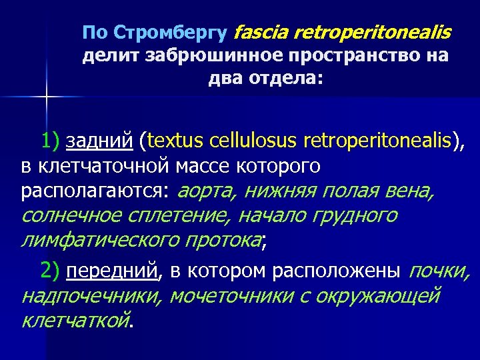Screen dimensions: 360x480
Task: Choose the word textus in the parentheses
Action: pos(177,141)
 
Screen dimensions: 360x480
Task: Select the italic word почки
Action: pos(439,271)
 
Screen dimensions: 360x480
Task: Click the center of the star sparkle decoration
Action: pos(45,97)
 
